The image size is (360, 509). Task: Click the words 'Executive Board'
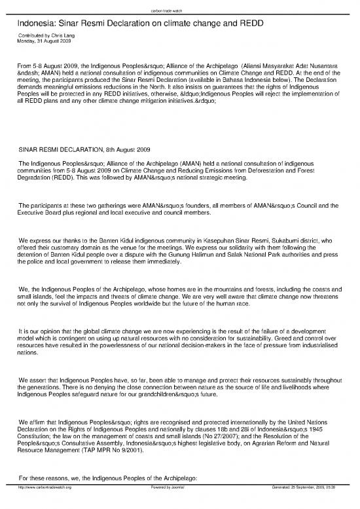(41, 214)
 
